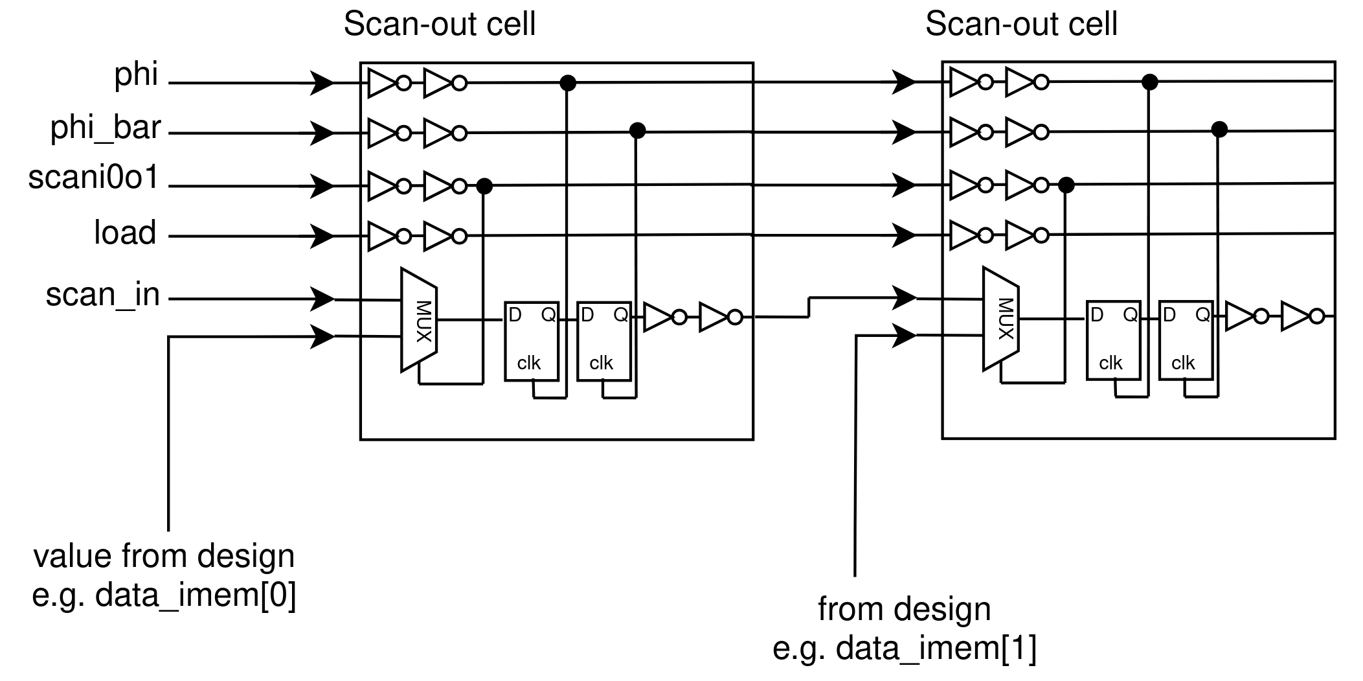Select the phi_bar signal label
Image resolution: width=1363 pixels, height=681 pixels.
point(106,128)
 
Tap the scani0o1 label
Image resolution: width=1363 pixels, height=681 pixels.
point(94,178)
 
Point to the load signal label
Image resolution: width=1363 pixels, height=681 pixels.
point(125,233)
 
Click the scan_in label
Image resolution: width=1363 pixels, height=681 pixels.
point(102,295)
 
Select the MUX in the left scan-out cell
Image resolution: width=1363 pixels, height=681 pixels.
point(420,320)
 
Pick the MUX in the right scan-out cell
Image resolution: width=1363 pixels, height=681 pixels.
point(1001,319)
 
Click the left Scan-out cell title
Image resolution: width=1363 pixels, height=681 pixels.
point(439,25)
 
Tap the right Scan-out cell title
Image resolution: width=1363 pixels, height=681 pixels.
point(1021,25)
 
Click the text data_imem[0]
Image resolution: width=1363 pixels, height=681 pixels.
point(196,595)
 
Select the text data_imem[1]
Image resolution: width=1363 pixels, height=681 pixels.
point(936,648)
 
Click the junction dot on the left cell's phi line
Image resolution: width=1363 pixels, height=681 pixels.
point(567,83)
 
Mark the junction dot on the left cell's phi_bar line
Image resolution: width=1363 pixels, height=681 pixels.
point(638,131)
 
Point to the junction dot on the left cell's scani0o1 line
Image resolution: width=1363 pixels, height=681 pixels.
point(484,187)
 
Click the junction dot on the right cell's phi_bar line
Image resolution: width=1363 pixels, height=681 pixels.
point(1219,130)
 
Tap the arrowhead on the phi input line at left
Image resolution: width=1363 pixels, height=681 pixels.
point(322,83)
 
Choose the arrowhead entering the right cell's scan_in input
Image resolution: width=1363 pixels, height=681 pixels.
point(904,298)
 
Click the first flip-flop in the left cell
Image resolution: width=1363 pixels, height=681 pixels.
point(532,341)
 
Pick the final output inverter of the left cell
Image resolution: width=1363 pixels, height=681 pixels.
point(717,317)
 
